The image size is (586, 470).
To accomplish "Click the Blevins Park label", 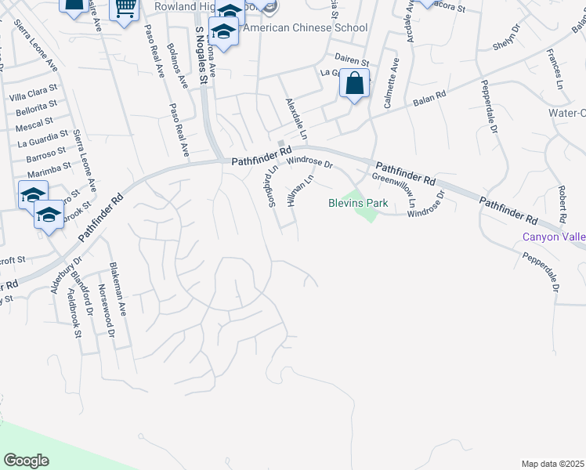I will pos(357,202).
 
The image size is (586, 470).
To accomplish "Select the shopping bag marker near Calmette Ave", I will pos(354,83).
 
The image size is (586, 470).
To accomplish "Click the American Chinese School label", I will pos(305,27).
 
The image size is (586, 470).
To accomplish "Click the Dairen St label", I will pos(351,60).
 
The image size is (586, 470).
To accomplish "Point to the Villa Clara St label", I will pos(32,96).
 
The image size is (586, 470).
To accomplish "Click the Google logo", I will pos(26,460).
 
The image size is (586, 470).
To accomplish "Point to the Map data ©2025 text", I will pos(552,463).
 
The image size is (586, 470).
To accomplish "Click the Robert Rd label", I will pos(562,202).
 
